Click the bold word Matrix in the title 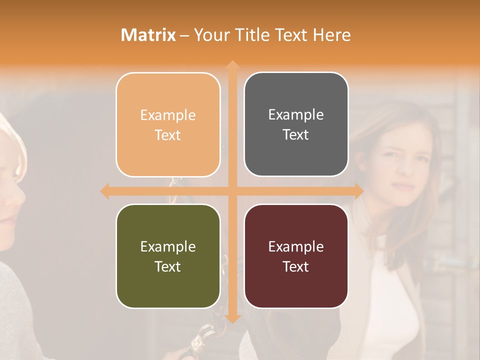148,35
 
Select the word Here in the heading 331,35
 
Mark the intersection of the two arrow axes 232,191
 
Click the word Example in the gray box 296,115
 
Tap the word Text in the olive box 168,266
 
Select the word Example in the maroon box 296,246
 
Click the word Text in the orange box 168,135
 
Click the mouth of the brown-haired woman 403,186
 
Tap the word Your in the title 210,35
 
